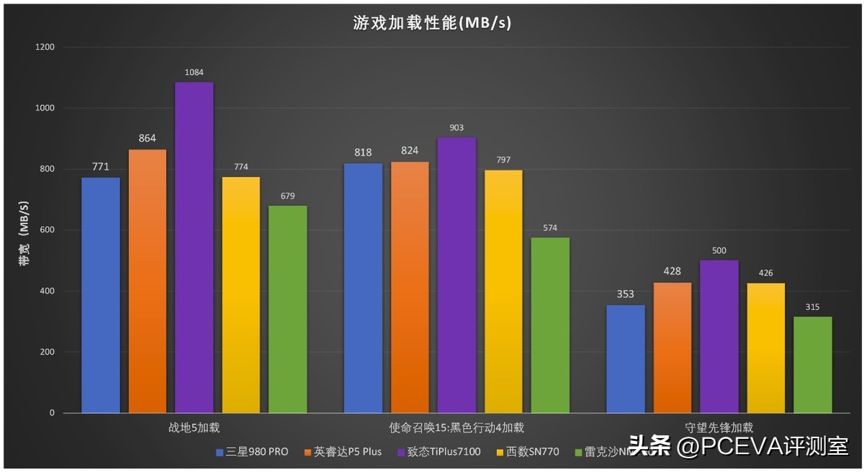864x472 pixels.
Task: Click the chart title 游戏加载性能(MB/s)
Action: [x=432, y=22]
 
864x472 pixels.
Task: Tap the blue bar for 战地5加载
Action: [x=101, y=295]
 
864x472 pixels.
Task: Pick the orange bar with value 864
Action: [x=148, y=281]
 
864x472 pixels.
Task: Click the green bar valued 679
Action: [x=288, y=309]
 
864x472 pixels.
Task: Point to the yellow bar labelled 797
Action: [x=503, y=291]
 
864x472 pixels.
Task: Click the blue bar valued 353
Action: [x=626, y=359]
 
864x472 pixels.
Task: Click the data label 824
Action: [x=410, y=150]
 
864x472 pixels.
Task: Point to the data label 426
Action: [x=765, y=273]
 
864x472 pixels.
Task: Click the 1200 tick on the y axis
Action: [x=45, y=47]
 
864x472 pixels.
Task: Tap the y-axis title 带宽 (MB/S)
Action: [x=24, y=230]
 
